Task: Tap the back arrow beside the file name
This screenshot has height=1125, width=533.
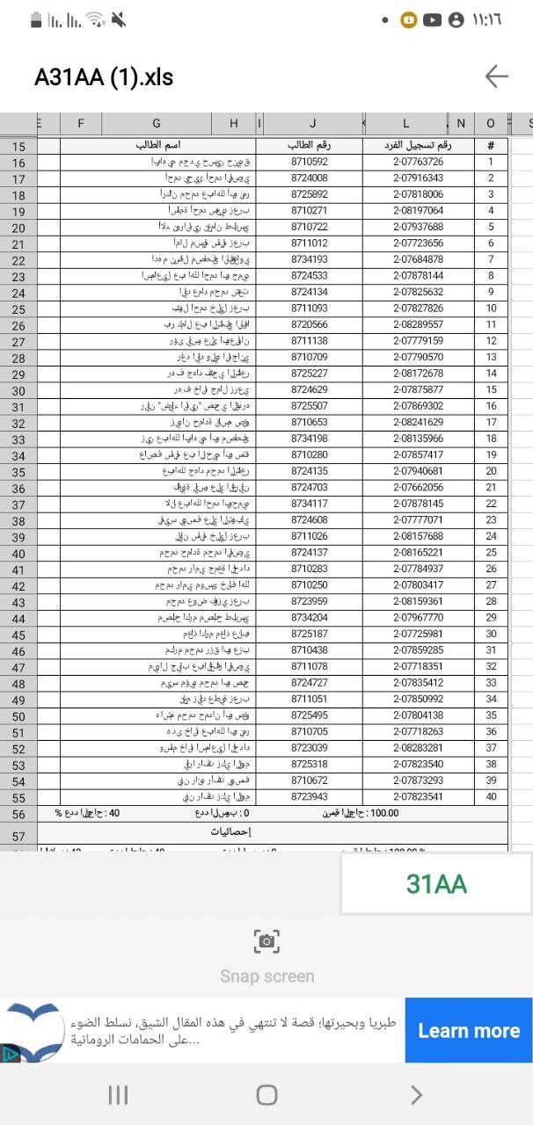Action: (x=496, y=76)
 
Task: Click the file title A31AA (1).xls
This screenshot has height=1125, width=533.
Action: (x=104, y=77)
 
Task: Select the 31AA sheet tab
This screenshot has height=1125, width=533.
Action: (x=436, y=883)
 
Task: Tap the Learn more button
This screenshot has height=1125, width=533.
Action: (x=468, y=1030)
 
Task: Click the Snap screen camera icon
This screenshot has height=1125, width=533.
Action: (x=266, y=941)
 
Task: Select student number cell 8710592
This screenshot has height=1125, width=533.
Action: (x=309, y=162)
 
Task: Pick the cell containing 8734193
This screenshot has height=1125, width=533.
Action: (x=309, y=259)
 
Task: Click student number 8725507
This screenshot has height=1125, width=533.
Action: (x=309, y=406)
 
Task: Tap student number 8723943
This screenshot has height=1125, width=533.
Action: (x=309, y=796)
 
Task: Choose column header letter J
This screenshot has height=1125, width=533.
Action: (x=312, y=124)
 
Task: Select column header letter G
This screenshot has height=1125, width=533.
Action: (x=157, y=124)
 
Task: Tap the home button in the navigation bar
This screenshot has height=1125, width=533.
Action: (x=266, y=1094)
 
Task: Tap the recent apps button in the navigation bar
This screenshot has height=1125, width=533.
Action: (x=118, y=1094)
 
